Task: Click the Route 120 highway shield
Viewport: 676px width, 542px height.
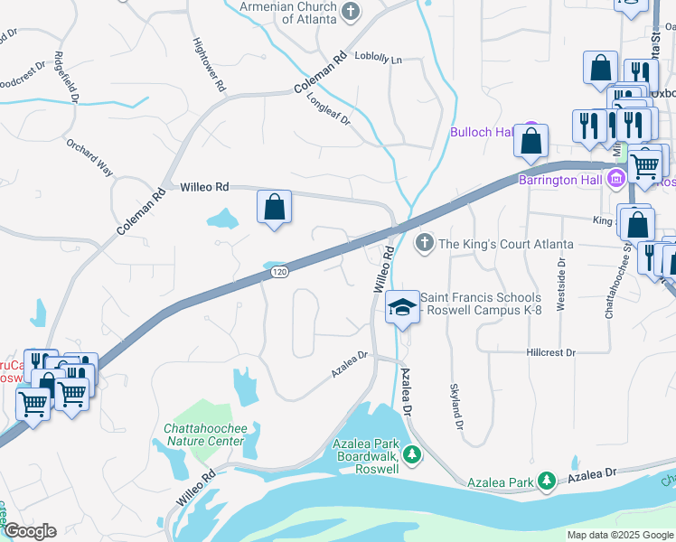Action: [x=280, y=272]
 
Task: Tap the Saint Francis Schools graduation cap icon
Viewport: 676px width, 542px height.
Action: [x=402, y=307]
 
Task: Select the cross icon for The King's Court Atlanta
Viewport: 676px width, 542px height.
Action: [x=425, y=244]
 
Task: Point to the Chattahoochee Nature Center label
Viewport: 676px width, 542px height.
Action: [x=203, y=435]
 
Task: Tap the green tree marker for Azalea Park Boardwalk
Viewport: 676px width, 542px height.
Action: [x=412, y=453]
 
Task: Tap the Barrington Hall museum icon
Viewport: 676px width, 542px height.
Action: [x=617, y=179]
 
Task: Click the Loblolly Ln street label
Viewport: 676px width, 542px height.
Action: [x=379, y=59]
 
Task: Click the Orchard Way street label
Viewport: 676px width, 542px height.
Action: [x=89, y=155]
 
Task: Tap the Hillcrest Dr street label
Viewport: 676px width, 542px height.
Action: [x=551, y=352]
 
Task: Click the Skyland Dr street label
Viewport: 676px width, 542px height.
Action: [x=457, y=406]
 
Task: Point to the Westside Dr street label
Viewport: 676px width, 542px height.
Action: [x=561, y=285]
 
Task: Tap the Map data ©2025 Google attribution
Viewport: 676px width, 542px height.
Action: [x=620, y=535]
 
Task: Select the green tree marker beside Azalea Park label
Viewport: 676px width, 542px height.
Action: [x=546, y=482]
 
